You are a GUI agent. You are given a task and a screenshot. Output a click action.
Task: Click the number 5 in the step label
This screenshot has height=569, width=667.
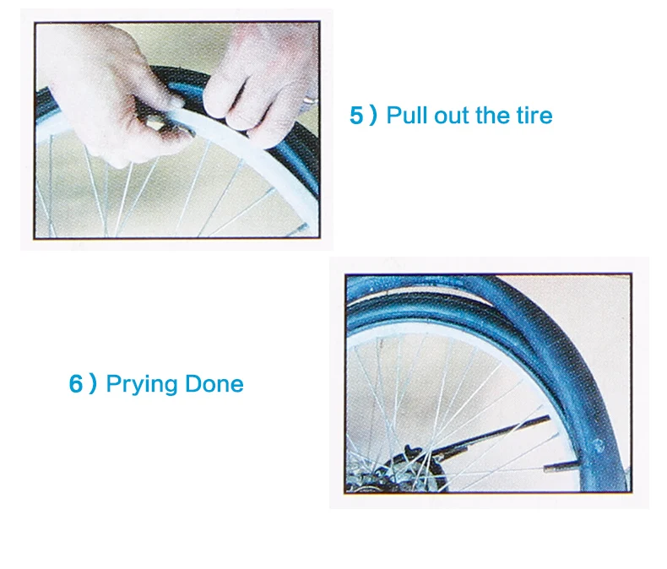point(355,116)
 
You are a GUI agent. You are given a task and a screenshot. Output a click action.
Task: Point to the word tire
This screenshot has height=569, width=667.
point(534,115)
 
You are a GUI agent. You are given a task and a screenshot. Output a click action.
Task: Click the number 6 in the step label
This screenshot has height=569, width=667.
point(75,383)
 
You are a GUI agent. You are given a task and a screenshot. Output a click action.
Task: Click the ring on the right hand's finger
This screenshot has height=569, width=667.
point(311,100)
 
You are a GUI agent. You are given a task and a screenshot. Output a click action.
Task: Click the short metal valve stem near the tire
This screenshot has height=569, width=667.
point(561,468)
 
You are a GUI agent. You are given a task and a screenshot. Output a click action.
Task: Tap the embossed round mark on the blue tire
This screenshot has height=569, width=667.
point(598,446)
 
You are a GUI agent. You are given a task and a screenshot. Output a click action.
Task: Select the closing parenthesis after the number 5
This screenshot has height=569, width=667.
point(373,116)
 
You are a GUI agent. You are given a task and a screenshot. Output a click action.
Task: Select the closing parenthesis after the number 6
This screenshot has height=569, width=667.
point(93,383)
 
